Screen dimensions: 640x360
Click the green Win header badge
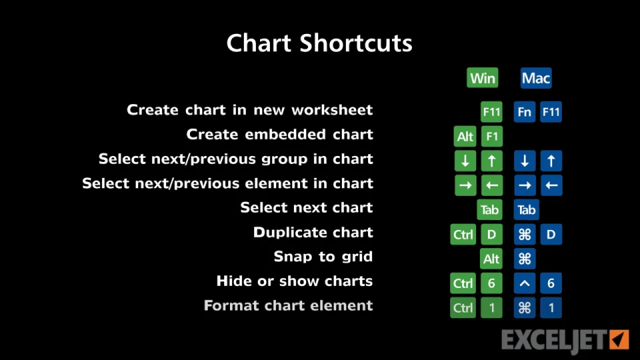(x=483, y=77)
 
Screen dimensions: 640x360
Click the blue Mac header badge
(x=536, y=77)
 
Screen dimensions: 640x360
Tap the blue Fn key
(x=525, y=112)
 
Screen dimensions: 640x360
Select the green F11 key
(x=491, y=112)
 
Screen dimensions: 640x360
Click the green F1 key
(x=491, y=136)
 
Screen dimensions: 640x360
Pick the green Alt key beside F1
(x=465, y=136)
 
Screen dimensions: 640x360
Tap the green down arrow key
(x=465, y=161)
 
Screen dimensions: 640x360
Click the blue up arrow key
(x=551, y=161)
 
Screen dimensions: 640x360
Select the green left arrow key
(x=492, y=185)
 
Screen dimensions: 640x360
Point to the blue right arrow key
(x=525, y=185)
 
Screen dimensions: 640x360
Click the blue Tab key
(x=527, y=210)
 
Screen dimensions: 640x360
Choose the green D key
(x=491, y=234)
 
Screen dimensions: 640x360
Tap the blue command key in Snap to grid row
(x=525, y=259)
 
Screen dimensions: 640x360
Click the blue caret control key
(x=525, y=283)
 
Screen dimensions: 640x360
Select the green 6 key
(x=491, y=283)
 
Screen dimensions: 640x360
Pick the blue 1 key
(x=551, y=308)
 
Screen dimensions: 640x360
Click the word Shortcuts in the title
(x=356, y=43)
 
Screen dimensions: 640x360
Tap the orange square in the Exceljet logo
(x=619, y=339)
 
